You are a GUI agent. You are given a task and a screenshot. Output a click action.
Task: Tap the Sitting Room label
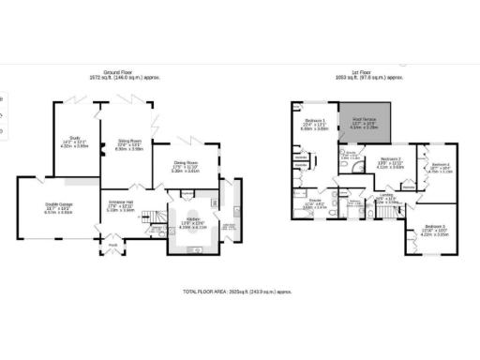[130, 144]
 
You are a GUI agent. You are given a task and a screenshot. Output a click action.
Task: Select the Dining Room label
[187, 168]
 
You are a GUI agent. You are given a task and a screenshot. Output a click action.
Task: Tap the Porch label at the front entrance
[113, 247]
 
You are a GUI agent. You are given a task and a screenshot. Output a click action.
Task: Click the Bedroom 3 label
[433, 230]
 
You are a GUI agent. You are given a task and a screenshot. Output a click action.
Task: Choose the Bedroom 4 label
[440, 168]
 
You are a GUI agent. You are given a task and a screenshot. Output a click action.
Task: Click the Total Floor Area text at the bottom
[239, 292]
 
